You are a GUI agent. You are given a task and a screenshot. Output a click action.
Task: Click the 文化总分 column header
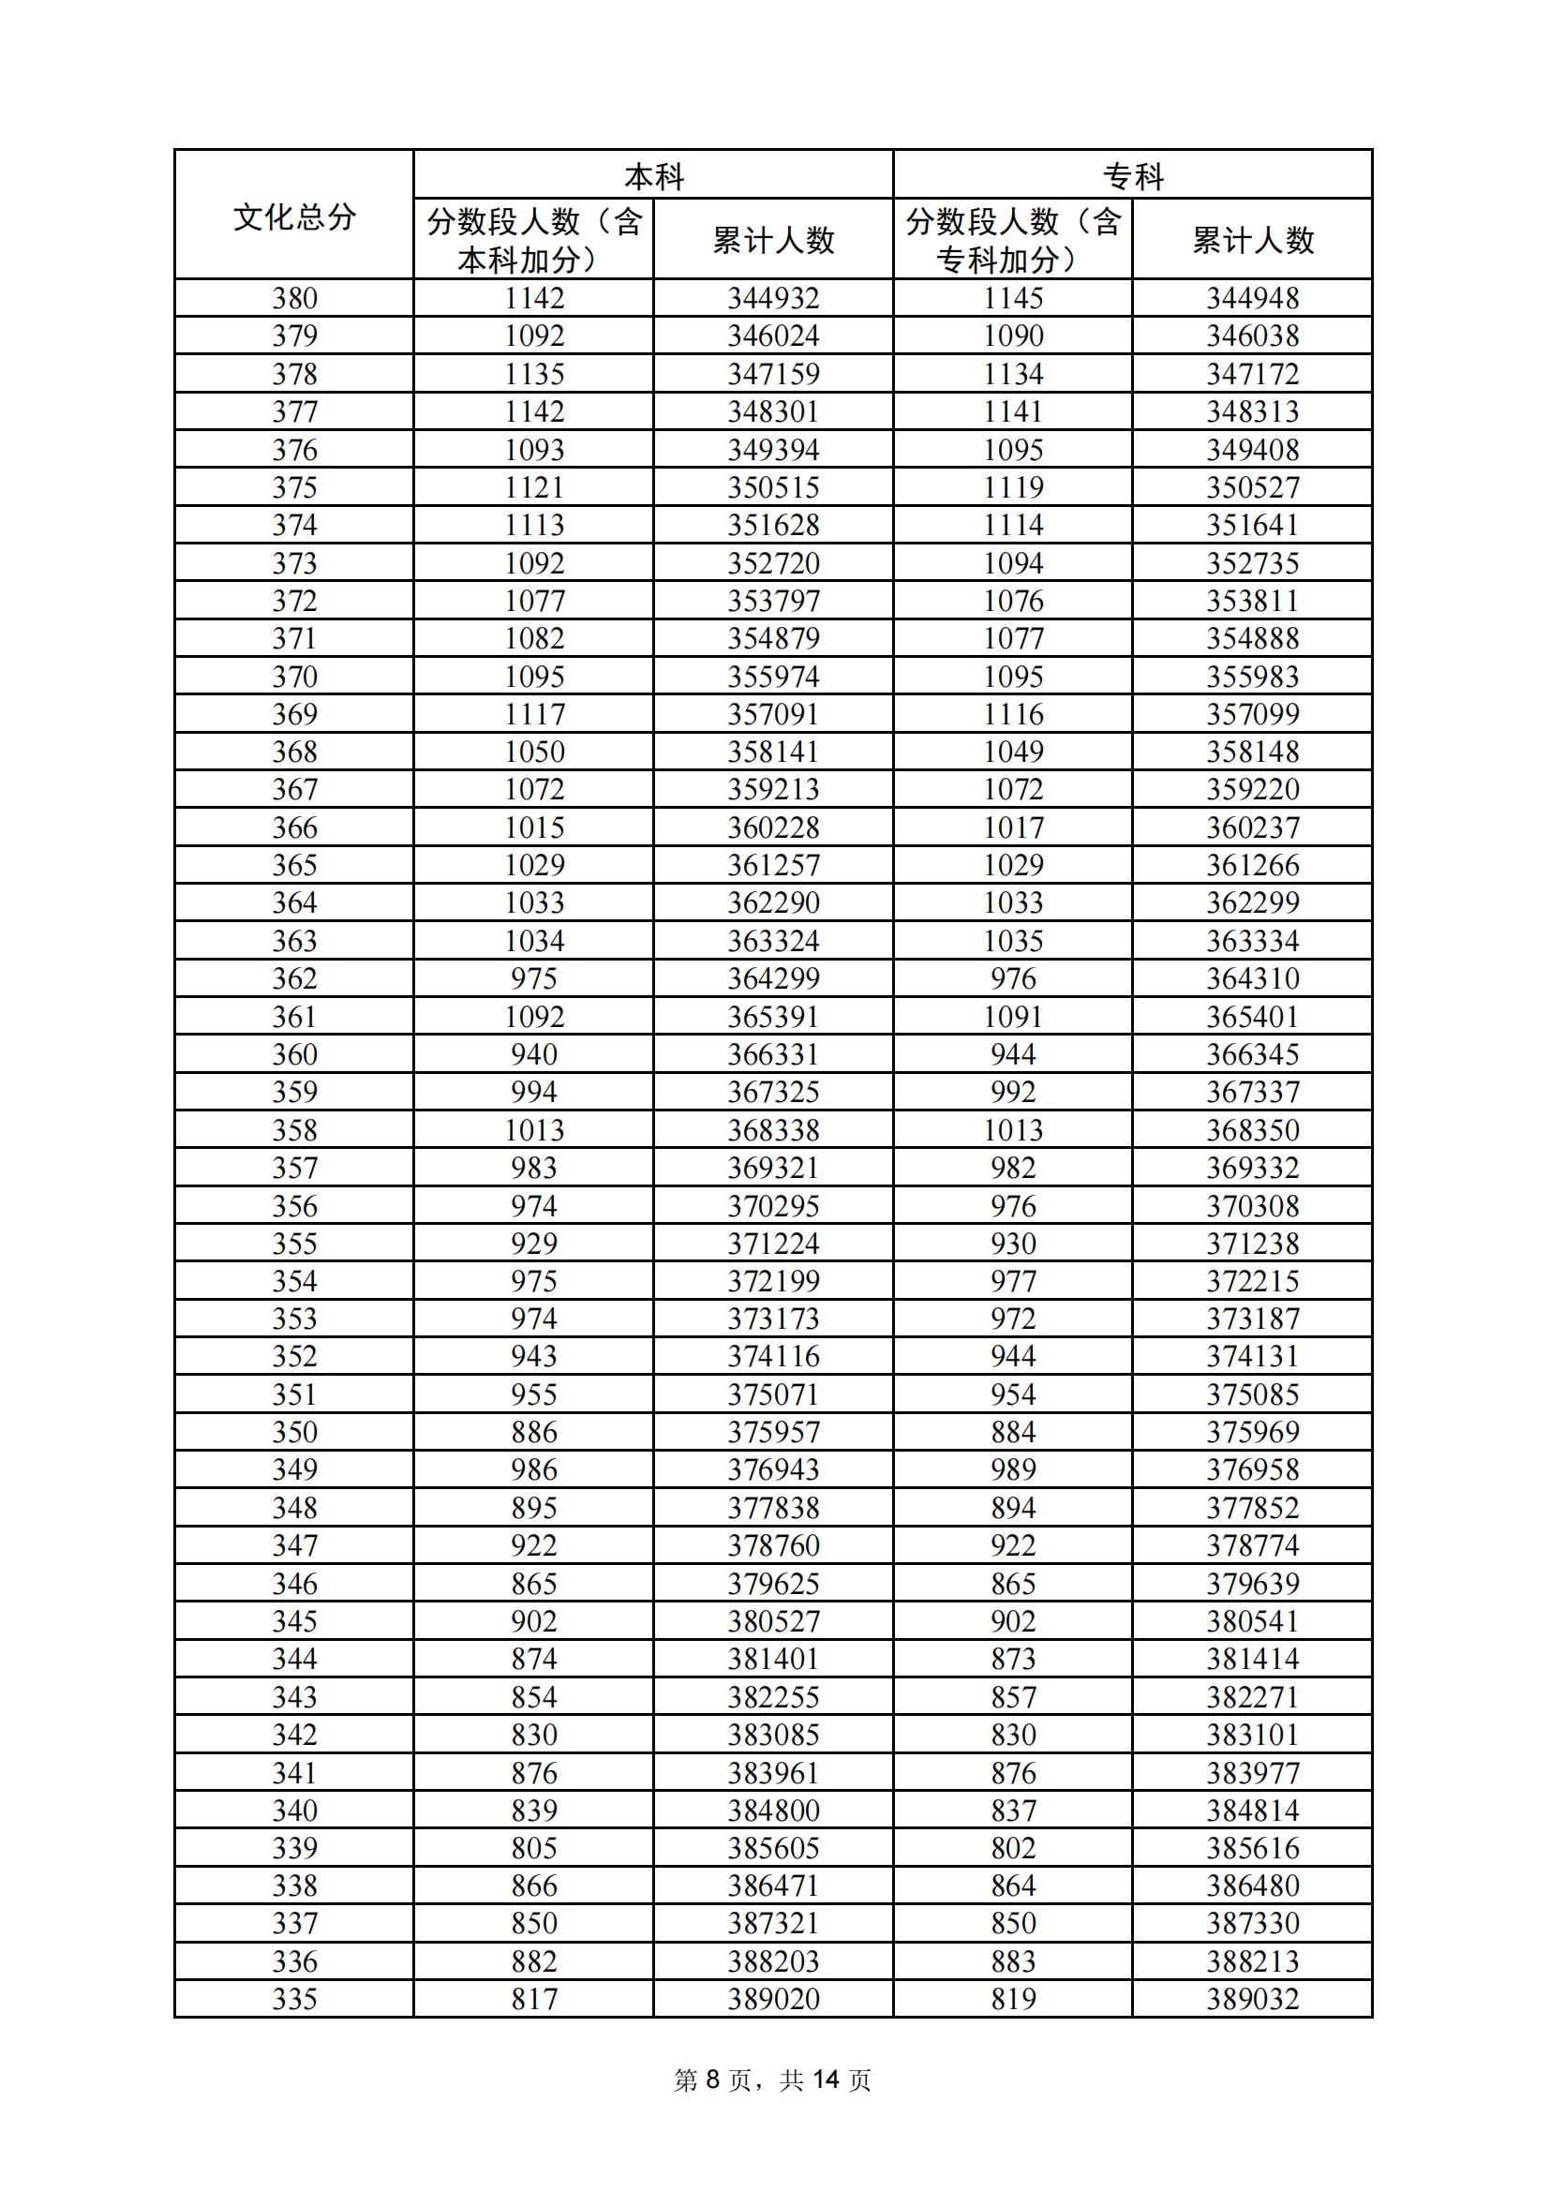[x=294, y=216]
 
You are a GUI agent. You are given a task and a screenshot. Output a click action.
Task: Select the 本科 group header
[x=654, y=176]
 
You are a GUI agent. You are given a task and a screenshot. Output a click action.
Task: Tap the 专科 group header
[x=1133, y=176]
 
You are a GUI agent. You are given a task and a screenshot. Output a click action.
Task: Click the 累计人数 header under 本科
[x=773, y=240]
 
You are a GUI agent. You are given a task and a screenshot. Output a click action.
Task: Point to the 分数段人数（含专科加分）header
[x=1013, y=240]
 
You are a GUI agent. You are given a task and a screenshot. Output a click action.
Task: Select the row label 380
[x=294, y=299]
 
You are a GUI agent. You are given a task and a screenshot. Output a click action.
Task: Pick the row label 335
[x=294, y=1998]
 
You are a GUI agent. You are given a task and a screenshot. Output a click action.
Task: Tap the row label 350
[x=294, y=1431]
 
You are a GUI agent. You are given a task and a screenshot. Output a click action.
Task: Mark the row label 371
[x=294, y=638]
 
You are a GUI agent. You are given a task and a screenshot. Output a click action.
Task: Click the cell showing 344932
[x=773, y=299]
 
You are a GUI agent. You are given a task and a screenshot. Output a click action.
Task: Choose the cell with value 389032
[x=1252, y=1998]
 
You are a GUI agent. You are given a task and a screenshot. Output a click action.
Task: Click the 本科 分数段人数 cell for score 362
[x=533, y=978]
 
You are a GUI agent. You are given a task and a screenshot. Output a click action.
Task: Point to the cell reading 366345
[x=1252, y=1054]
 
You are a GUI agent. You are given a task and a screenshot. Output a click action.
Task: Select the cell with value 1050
[x=533, y=752]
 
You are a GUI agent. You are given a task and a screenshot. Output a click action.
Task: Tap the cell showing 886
[x=533, y=1431]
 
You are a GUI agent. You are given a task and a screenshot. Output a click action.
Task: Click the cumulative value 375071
[x=773, y=1394]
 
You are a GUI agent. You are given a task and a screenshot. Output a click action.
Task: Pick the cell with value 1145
[x=1013, y=299]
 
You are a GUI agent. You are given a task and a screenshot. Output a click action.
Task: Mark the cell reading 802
[x=1013, y=1847]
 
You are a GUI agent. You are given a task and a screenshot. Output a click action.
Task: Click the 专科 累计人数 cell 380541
[x=1252, y=1620]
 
